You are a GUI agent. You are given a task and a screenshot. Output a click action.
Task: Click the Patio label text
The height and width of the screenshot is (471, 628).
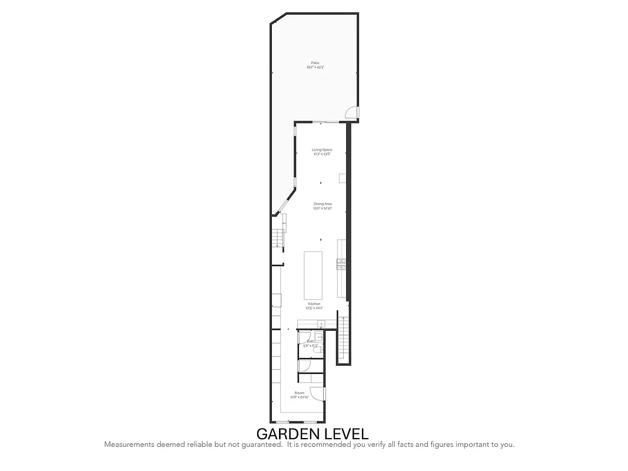[x=315, y=63]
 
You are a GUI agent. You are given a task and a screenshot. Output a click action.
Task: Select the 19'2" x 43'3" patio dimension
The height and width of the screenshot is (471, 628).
[x=315, y=68]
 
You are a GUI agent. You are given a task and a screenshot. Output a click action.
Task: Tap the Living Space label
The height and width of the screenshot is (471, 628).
[x=322, y=150]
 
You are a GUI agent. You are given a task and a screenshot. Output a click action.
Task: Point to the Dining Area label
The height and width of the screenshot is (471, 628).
[x=323, y=204]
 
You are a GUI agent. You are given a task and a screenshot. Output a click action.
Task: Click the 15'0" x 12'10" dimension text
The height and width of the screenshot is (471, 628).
[x=323, y=208]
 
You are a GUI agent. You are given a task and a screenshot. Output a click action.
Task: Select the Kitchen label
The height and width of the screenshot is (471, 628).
[x=314, y=304]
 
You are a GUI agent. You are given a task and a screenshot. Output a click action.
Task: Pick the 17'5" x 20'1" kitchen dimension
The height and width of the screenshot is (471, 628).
[x=314, y=308]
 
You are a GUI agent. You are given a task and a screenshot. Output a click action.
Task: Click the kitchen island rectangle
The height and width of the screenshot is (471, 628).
[x=313, y=276]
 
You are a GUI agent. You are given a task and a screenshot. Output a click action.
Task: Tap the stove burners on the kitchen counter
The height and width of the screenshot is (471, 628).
[x=340, y=264]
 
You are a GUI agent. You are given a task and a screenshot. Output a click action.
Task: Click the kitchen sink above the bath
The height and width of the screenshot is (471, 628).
[x=321, y=323]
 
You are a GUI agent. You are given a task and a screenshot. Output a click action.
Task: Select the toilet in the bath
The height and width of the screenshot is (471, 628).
[x=320, y=337]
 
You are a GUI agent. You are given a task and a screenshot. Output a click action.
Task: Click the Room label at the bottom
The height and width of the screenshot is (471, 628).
[x=300, y=393]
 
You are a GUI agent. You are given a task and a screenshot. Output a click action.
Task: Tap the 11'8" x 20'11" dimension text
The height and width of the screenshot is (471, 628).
[x=299, y=397]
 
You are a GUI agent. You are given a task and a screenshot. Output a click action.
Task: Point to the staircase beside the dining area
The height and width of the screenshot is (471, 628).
[x=277, y=238]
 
